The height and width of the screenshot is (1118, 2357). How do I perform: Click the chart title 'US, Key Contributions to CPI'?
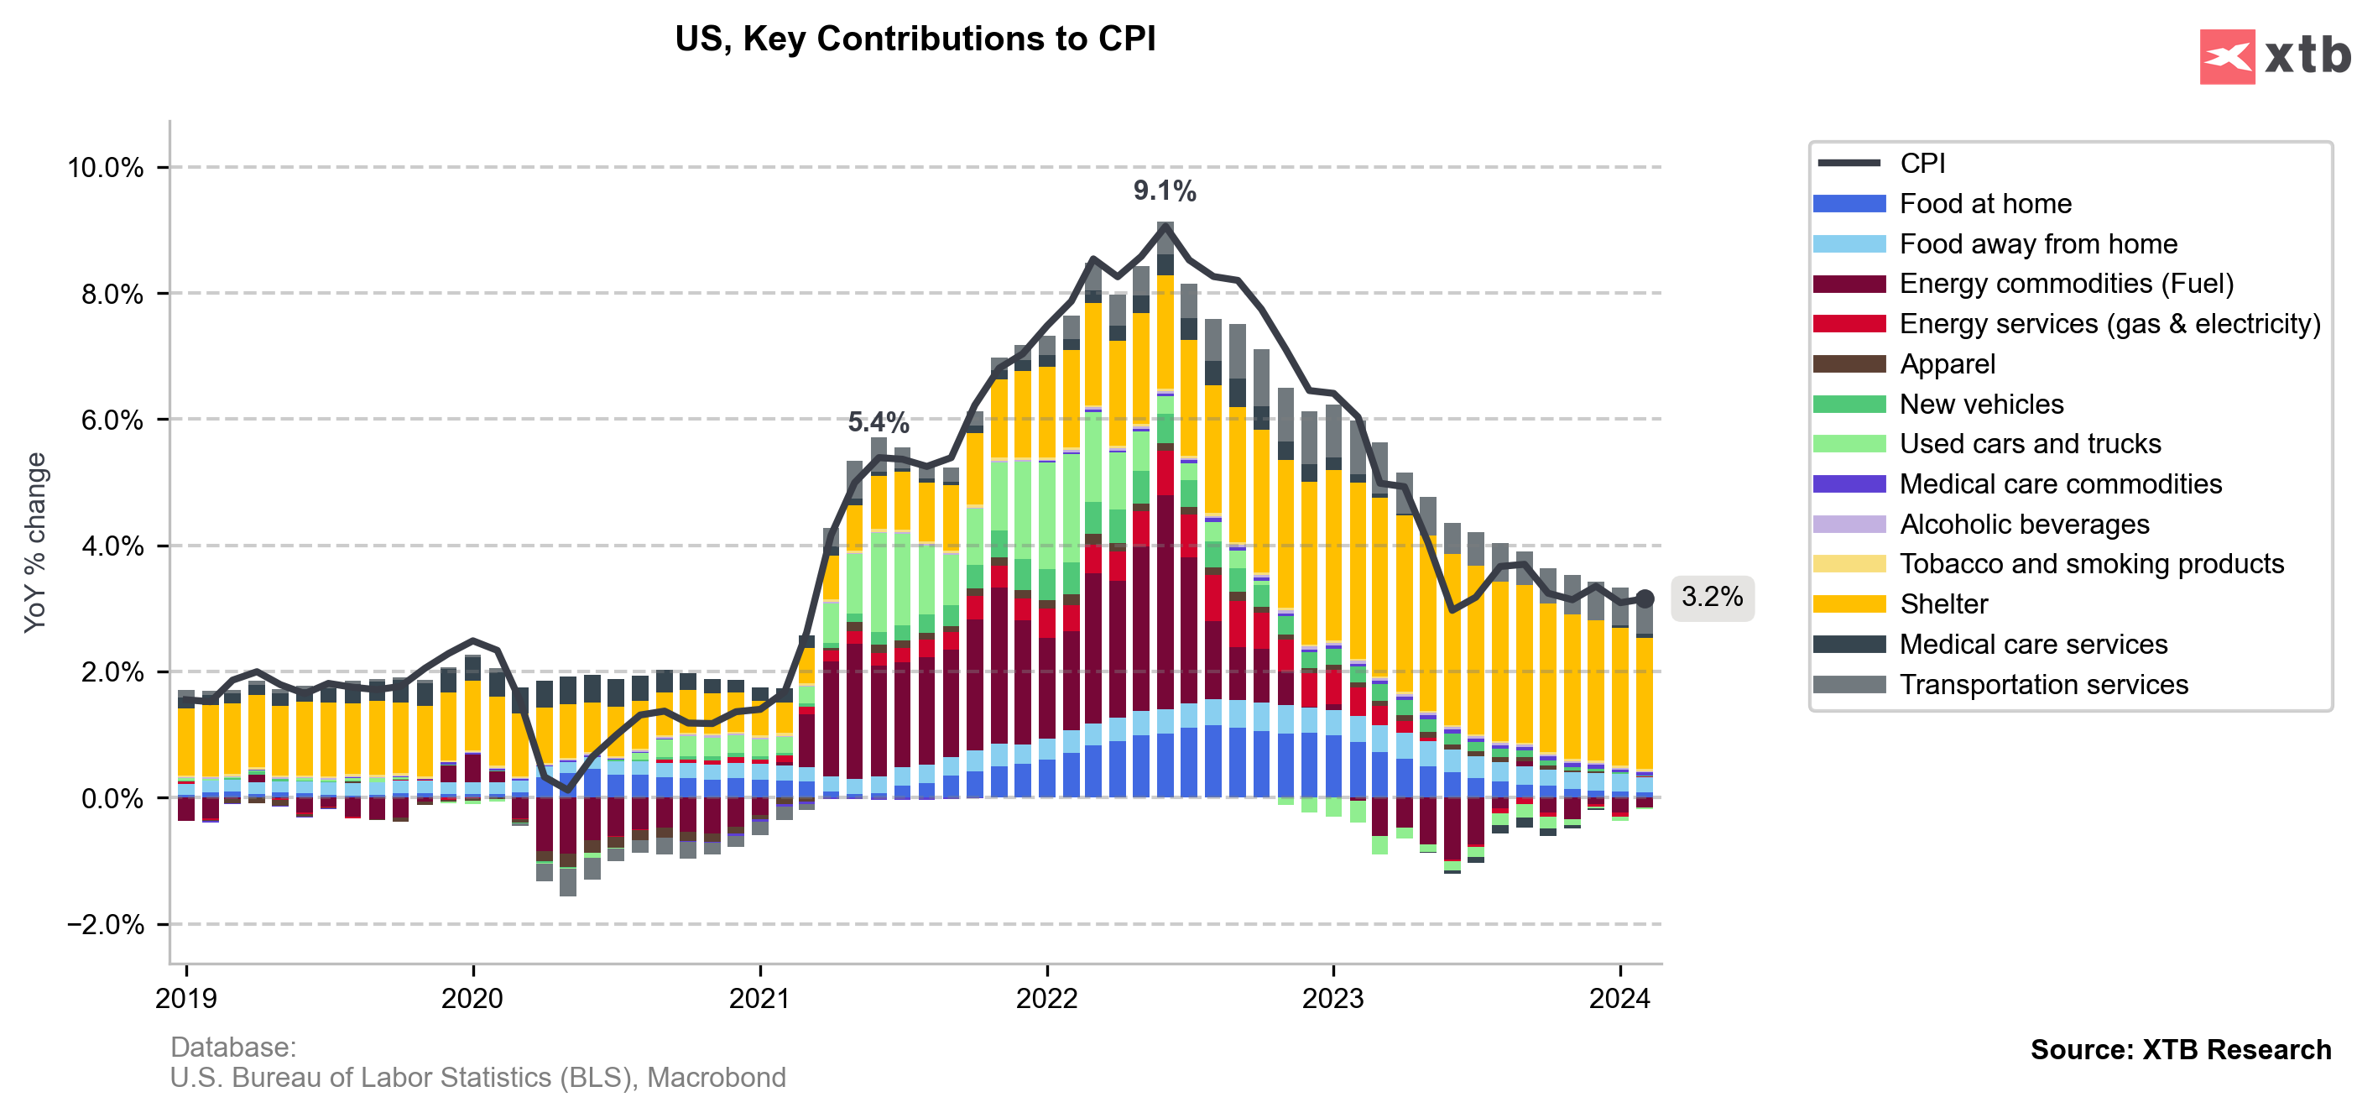[915, 39]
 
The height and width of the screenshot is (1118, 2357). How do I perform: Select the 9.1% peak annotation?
[1164, 191]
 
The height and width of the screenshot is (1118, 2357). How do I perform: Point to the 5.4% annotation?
[878, 423]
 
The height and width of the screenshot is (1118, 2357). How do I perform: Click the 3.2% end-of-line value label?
[1711, 598]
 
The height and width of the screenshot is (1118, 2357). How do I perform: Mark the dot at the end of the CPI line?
[1645, 598]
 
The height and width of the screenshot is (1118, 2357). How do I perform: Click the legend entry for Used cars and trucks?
[2030, 444]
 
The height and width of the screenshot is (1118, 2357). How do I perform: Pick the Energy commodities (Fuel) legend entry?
[2066, 284]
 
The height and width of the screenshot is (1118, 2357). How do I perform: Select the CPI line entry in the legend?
[1922, 164]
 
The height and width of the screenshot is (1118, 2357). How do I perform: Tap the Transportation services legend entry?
[2043, 684]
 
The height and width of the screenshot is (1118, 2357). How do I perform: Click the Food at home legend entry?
[1984, 204]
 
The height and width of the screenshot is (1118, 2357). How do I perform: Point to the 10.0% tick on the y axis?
[105, 169]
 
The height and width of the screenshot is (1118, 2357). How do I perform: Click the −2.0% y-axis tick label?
[105, 924]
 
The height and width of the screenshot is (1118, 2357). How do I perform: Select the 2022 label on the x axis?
[1046, 998]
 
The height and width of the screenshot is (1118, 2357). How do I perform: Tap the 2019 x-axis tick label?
[185, 998]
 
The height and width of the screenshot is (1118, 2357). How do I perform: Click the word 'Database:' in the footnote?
[233, 1047]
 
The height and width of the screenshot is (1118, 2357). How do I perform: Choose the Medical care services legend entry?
[2033, 644]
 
